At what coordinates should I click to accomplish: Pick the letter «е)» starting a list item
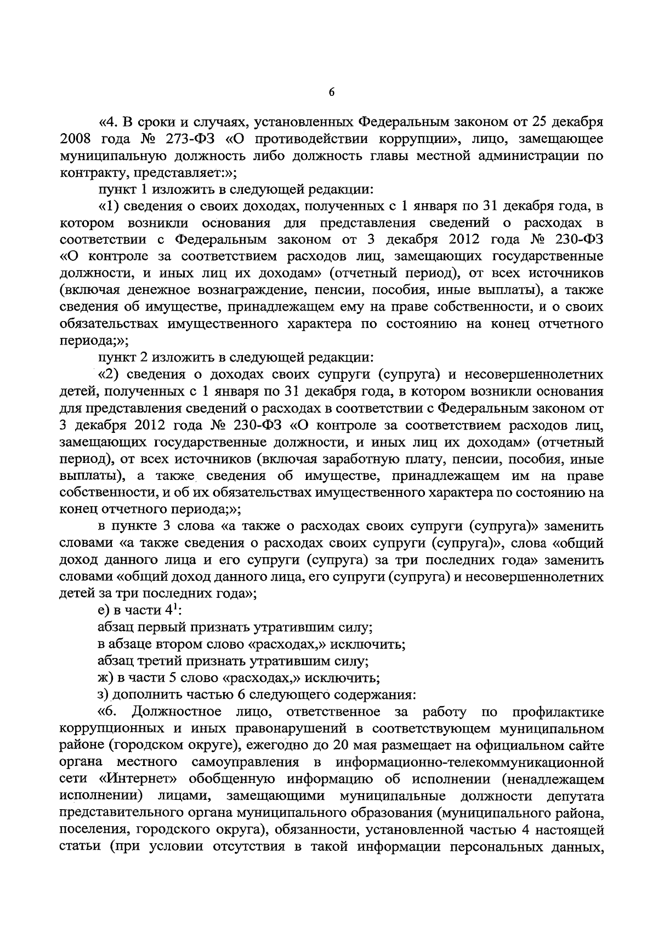(x=104, y=610)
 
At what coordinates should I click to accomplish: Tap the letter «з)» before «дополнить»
(x=104, y=695)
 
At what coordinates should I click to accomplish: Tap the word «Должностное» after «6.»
(x=177, y=712)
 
